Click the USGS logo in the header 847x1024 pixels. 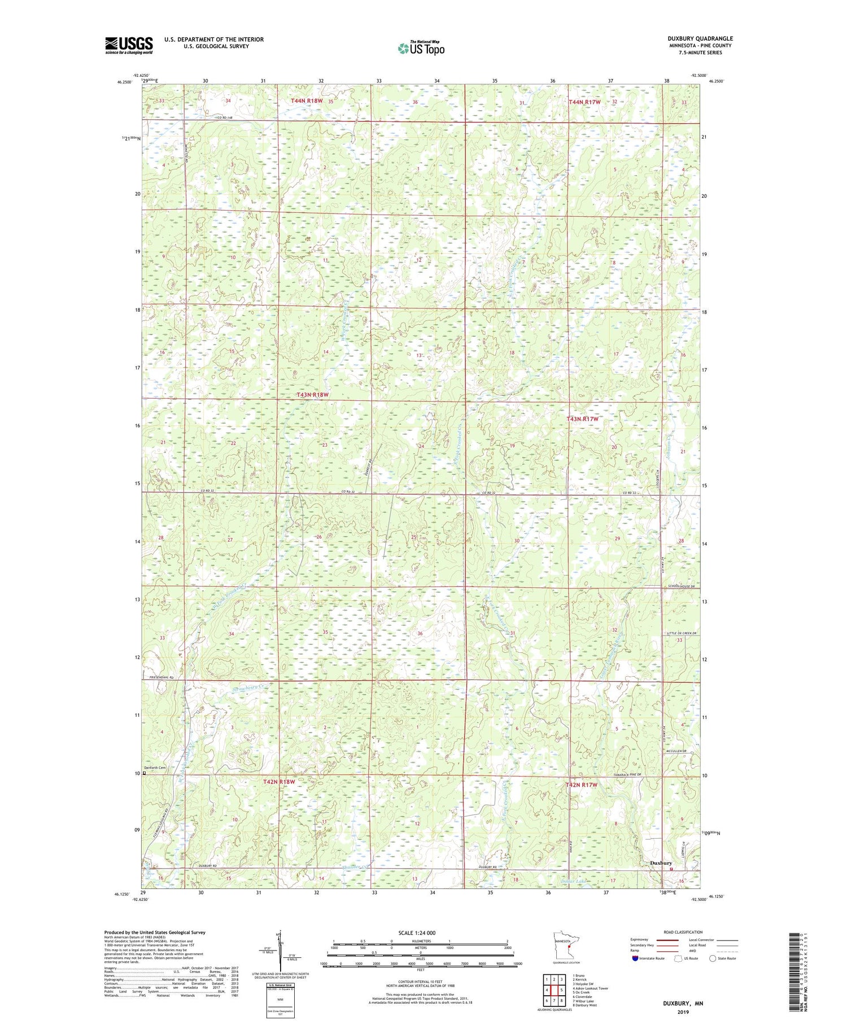coord(129,45)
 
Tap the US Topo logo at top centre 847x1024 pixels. coord(421,48)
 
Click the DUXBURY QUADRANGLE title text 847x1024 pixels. coord(700,38)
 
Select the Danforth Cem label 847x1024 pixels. coord(155,768)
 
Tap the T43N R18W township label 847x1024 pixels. coord(312,395)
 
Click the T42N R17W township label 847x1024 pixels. coord(581,785)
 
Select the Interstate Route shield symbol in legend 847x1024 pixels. coord(635,958)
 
